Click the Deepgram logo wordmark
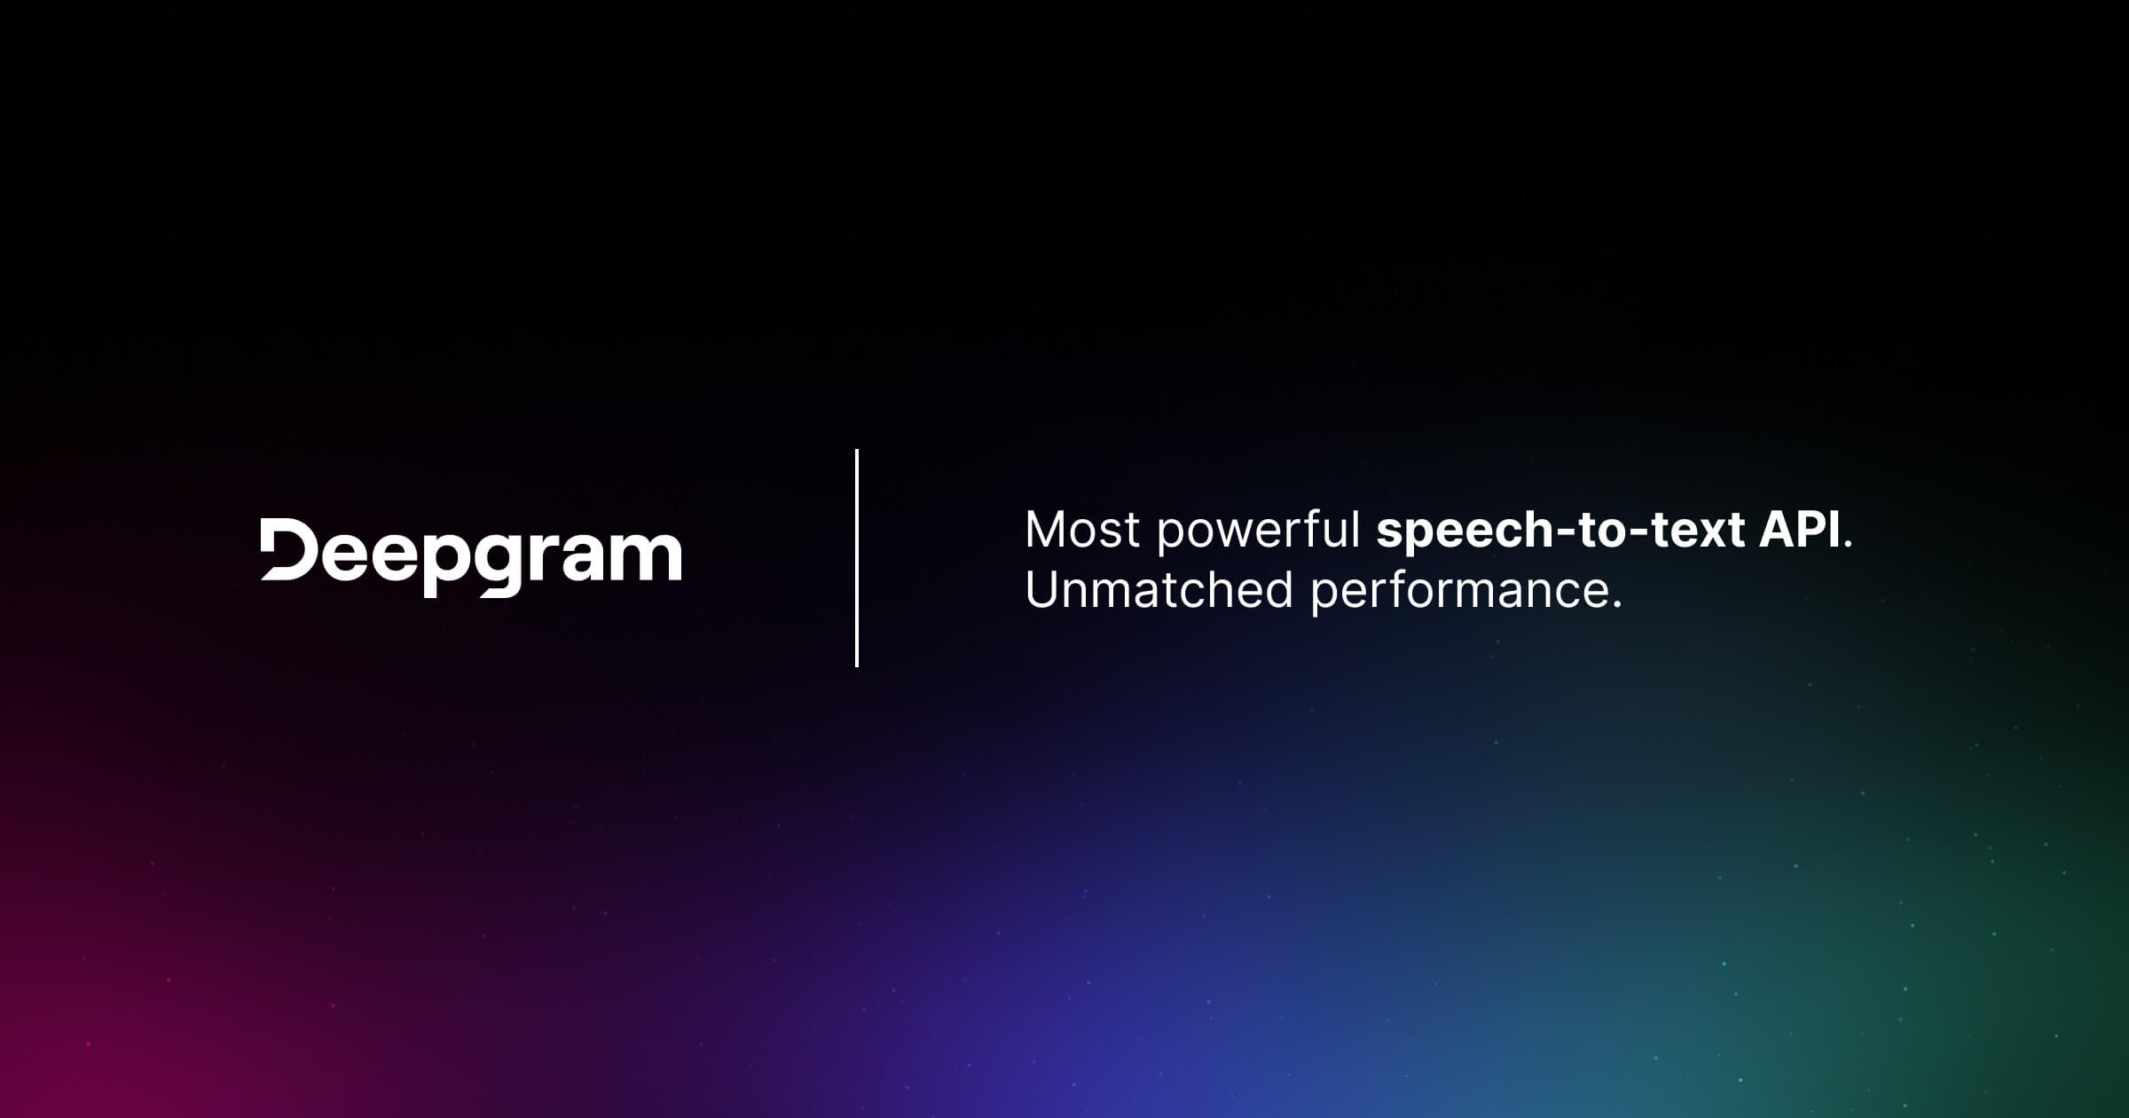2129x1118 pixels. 471,556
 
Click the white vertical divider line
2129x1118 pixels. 856,557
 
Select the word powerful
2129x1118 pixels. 1258,531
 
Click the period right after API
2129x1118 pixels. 1848,545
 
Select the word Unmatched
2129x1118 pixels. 1159,590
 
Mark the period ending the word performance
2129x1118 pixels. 1616,605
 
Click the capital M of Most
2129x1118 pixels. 1045,530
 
